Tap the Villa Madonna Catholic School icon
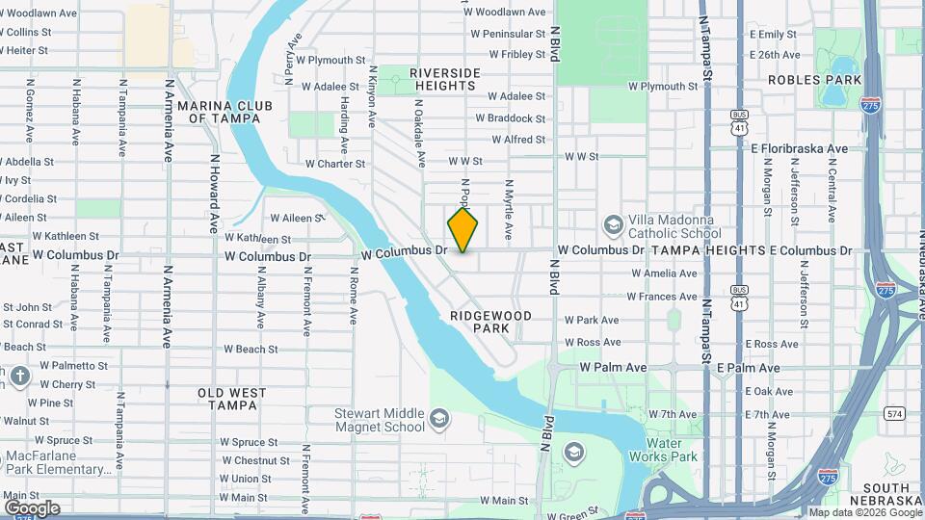click(613, 224)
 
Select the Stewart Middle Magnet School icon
click(439, 419)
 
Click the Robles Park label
click(808, 80)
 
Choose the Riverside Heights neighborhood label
click(444, 79)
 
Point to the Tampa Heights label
click(708, 250)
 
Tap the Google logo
click(32, 507)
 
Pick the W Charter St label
click(335, 164)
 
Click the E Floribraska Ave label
click(799, 148)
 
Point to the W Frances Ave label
click(664, 297)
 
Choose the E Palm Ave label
click(748, 368)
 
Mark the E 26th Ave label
click(779, 55)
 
